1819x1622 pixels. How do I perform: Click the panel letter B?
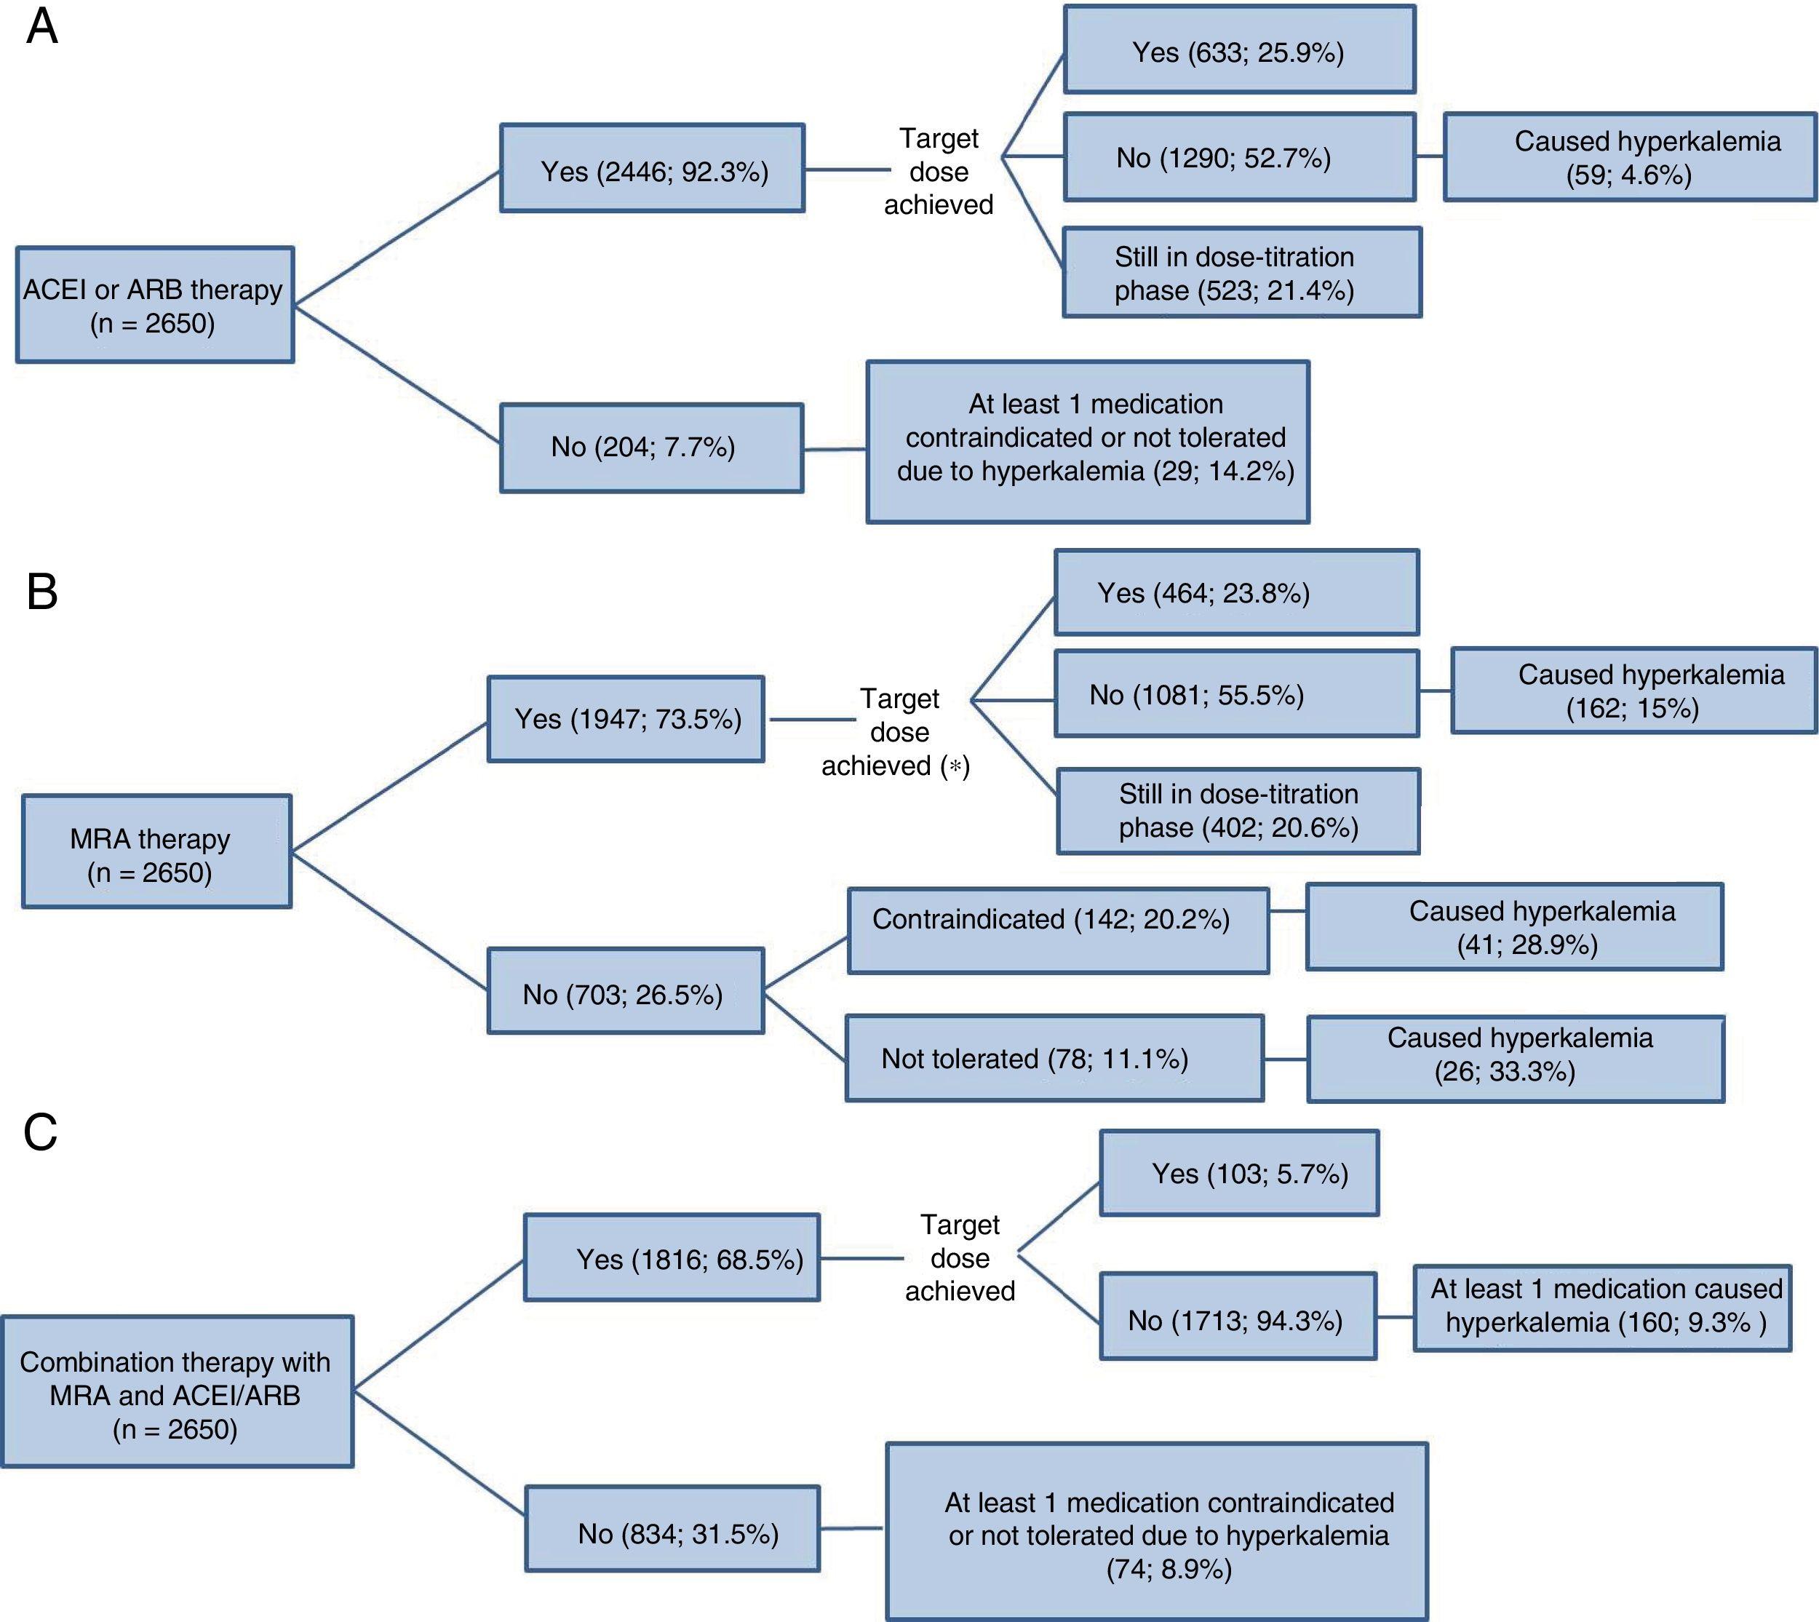[x=42, y=592]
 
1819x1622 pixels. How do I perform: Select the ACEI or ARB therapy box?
[x=154, y=305]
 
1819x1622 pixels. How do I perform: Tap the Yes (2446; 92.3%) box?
[x=651, y=168]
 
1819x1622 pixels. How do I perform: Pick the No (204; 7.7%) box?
[x=650, y=448]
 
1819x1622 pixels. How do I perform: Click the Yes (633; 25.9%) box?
[x=1239, y=51]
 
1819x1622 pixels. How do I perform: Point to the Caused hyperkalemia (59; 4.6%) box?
[x=1629, y=157]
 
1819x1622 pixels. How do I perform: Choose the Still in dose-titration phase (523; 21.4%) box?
[x=1241, y=273]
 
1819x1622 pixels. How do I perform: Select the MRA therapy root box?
[x=156, y=852]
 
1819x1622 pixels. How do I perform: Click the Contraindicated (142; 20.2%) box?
[x=1057, y=929]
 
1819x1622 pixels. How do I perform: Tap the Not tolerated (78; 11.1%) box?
[x=1054, y=1058]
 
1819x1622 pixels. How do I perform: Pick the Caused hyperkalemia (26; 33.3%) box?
[x=1515, y=1059]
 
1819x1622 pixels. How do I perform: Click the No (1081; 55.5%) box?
[x=1235, y=694]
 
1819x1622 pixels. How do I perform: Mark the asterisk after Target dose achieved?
[x=955, y=766]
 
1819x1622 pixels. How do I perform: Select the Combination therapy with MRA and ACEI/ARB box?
[x=177, y=1391]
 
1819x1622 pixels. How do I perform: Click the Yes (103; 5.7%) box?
[x=1239, y=1173]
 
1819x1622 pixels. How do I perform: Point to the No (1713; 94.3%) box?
[x=1237, y=1316]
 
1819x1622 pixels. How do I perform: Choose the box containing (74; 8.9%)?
[x=1156, y=1530]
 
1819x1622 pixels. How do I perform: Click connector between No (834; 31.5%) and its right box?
[x=851, y=1528]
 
